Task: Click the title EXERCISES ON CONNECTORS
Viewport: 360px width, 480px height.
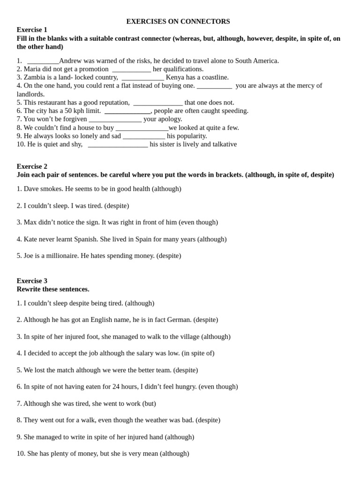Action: pos(178,22)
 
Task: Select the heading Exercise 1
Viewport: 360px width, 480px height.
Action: pos(32,30)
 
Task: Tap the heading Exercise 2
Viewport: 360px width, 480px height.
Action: pos(32,166)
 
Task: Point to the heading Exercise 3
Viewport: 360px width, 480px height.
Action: pos(32,281)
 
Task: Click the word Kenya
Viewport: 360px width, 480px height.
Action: pos(175,77)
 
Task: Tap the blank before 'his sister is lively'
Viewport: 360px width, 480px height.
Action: pos(118,145)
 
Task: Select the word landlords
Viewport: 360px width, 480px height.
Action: pos(30,94)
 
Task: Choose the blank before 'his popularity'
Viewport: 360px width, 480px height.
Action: pos(144,136)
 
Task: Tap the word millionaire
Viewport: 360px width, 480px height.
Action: pos(59,256)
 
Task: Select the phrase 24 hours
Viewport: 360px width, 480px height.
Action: pos(125,387)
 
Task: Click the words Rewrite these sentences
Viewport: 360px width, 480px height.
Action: pos(53,289)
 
